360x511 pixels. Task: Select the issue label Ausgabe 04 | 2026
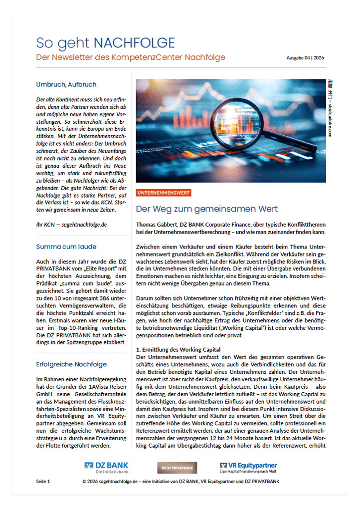click(x=305, y=58)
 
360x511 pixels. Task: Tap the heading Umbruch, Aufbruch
click(x=66, y=85)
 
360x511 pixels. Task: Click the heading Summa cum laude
click(x=66, y=247)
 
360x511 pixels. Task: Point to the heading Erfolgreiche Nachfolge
click(x=72, y=364)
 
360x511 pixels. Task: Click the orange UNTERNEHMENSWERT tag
click(x=163, y=193)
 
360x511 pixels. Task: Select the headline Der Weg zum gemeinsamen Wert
click(x=206, y=209)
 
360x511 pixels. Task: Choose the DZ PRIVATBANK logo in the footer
click(x=177, y=467)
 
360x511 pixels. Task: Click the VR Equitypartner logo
click(x=248, y=467)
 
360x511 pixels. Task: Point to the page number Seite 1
click(x=43, y=482)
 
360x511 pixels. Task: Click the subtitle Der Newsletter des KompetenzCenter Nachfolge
click(x=131, y=57)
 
